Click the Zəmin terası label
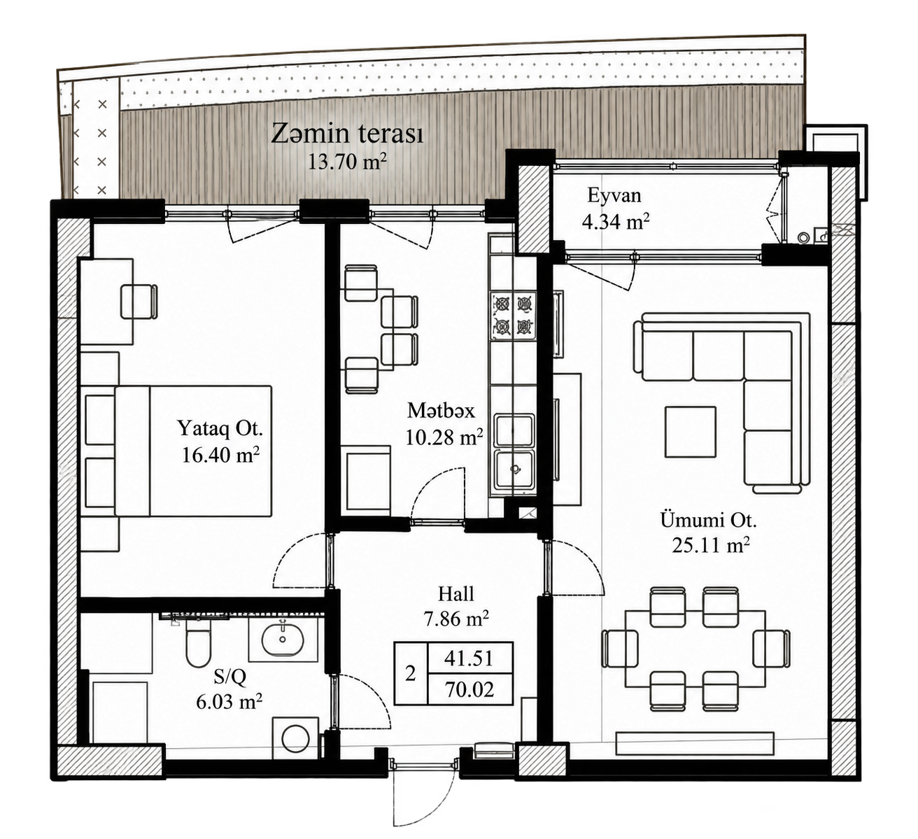click(347, 134)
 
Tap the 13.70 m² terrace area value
click(347, 162)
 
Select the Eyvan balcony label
click(614, 196)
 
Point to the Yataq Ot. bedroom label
click(220, 428)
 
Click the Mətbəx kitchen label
click(441, 411)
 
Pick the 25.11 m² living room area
click(711, 545)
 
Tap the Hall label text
click(456, 593)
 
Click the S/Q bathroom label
click(229, 677)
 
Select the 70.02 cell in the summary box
click(469, 689)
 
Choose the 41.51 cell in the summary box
click(469, 658)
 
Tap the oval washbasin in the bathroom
click(283, 639)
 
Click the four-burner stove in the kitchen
click(513, 316)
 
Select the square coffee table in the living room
click(691, 432)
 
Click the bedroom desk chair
click(139, 302)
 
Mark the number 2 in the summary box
click(410, 674)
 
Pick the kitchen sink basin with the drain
click(515, 469)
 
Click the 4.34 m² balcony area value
click(616, 222)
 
